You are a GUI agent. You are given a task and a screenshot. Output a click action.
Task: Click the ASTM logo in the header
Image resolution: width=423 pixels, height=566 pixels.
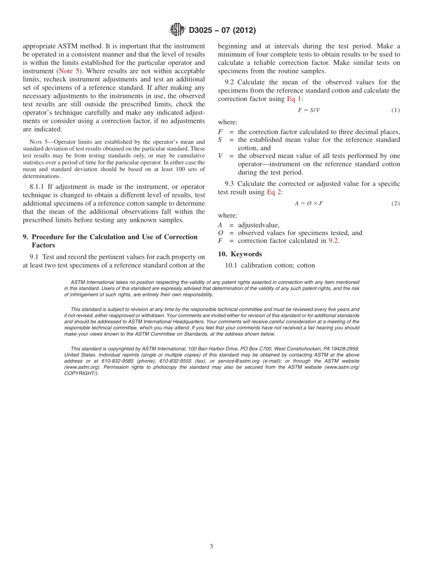(177, 30)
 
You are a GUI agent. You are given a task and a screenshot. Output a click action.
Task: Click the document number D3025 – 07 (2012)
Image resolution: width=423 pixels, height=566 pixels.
(222, 30)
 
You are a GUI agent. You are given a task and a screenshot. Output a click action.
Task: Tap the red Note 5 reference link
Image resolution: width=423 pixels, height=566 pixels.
(69, 71)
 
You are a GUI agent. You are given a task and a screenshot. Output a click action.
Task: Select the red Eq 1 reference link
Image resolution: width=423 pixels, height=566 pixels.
(294, 99)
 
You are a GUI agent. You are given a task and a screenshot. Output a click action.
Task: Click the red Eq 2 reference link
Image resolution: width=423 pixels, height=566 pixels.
(274, 192)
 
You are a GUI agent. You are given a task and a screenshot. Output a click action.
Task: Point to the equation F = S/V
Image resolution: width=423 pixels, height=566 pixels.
(309, 110)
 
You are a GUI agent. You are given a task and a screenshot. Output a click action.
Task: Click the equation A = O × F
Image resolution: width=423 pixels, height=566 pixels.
(309, 203)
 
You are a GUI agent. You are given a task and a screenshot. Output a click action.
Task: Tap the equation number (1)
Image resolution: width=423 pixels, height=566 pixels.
(395, 110)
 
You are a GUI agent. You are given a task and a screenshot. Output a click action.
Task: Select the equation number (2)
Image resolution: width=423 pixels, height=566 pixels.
(395, 203)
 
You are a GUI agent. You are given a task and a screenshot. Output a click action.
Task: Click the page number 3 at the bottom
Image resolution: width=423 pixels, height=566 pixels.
(211, 546)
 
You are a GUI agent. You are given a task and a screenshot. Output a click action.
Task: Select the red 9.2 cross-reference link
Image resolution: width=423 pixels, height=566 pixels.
(334, 241)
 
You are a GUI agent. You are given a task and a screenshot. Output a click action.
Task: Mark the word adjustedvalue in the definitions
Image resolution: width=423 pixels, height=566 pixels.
(259, 225)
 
